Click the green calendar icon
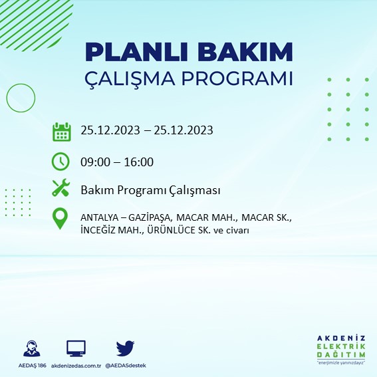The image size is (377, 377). tap(61, 131)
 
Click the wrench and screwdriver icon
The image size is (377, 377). tap(61, 189)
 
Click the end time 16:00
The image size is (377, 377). tap(140, 162)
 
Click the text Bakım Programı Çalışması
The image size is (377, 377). tap(150, 190)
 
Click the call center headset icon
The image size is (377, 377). tap(31, 349)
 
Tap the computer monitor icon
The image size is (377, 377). tap(75, 348)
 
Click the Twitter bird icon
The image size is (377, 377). tap(125, 348)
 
